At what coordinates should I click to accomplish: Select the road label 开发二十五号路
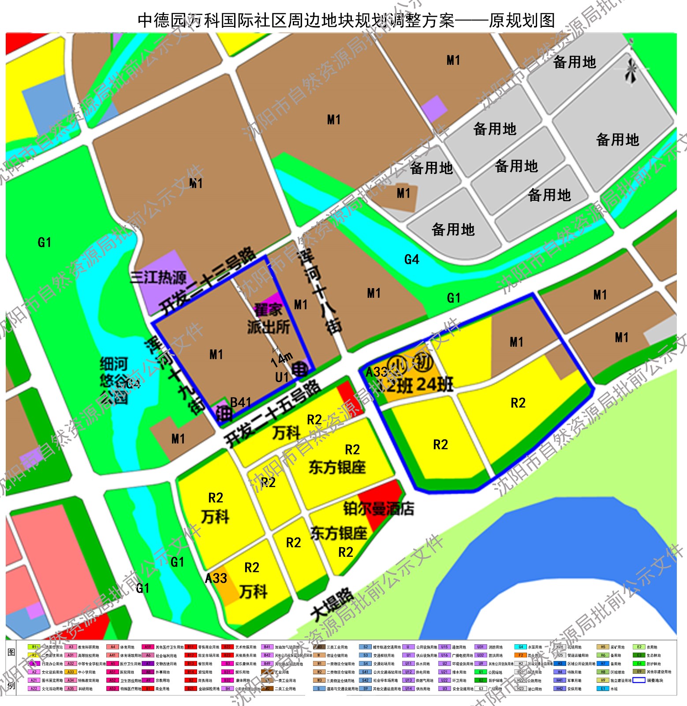pyautogui.click(x=272, y=413)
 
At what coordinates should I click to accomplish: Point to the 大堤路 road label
pyautogui.click(x=332, y=604)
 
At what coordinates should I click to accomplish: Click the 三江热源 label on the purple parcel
pyautogui.click(x=158, y=278)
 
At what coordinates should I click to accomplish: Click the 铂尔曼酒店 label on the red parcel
pyautogui.click(x=378, y=509)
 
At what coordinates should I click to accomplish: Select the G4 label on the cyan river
pyautogui.click(x=411, y=259)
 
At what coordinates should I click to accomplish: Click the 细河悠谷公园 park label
pyautogui.click(x=114, y=380)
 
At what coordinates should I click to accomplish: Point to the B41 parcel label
pyautogui.click(x=241, y=402)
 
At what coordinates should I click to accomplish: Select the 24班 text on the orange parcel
pyautogui.click(x=434, y=384)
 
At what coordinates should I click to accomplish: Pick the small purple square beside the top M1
pyautogui.click(x=434, y=108)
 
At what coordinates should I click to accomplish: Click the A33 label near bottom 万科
pyautogui.click(x=216, y=578)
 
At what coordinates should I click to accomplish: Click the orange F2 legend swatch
pyautogui.click(x=520, y=655)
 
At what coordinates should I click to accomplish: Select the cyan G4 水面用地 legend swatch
pyautogui.click(x=520, y=647)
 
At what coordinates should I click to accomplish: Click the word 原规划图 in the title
pyautogui.click(x=522, y=20)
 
